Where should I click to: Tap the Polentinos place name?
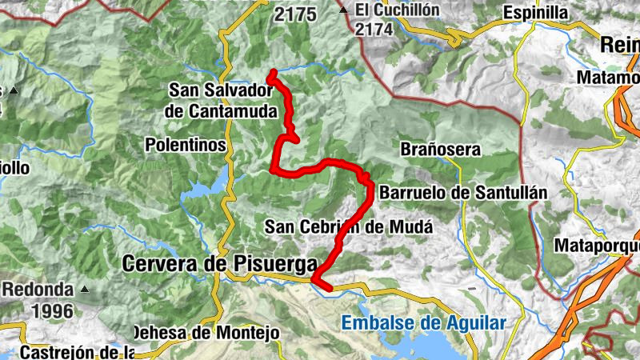tap(186, 145)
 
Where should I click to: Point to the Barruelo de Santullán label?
tap(462, 193)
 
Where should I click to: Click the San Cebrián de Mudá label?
tap(349, 226)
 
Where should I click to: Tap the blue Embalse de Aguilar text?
tap(423, 323)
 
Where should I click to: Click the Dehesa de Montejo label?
tap(205, 332)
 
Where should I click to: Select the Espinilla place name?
tap(535, 13)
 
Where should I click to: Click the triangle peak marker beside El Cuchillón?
tap(343, 10)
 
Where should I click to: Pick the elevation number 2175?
tap(295, 14)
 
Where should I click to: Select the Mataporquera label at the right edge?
tap(597, 244)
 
